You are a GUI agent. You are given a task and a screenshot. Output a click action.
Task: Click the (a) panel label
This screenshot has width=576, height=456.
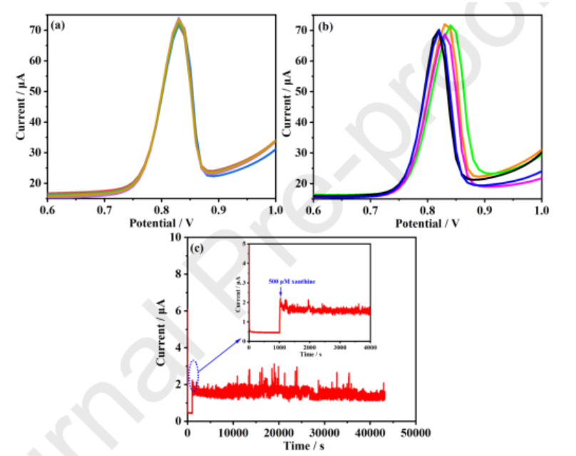(58, 26)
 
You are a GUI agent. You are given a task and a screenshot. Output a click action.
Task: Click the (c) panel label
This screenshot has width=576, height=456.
(199, 248)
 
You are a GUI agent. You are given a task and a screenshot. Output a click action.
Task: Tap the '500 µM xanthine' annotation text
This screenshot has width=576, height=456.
(292, 283)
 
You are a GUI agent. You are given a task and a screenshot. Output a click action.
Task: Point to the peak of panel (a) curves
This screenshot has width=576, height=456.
(179, 21)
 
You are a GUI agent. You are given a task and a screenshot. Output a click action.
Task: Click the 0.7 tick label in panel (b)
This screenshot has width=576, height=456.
(371, 211)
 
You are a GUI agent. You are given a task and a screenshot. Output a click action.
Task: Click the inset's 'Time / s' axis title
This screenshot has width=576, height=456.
(309, 353)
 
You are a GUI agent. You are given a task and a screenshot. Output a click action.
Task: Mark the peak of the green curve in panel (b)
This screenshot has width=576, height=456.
(451, 26)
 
